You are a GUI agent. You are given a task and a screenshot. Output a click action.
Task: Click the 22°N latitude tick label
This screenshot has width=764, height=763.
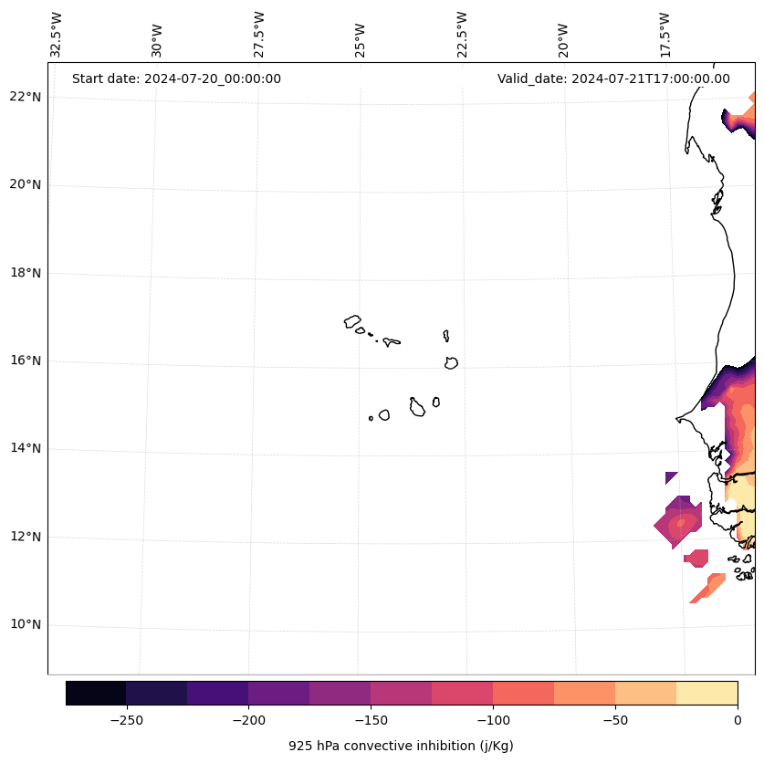26,98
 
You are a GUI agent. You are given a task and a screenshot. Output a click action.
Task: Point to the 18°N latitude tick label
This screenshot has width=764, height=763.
26,273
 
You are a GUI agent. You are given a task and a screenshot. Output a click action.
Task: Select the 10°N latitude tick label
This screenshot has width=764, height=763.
26,625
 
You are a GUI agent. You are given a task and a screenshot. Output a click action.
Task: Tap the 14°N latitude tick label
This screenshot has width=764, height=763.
26,449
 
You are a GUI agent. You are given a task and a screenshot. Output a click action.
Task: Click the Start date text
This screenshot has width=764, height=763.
176,78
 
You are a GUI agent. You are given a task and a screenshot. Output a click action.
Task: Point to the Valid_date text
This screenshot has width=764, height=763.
613,78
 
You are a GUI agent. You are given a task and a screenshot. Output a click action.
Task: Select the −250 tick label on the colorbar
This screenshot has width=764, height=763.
126,720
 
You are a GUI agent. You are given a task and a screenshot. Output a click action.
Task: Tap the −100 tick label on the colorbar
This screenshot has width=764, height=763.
493,720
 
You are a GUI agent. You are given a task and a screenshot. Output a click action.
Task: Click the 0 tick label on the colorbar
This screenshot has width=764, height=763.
738,720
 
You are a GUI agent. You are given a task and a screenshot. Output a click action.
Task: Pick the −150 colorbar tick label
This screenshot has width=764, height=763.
371,720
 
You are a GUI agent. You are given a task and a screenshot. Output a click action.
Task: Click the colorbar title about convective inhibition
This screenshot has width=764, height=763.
401,746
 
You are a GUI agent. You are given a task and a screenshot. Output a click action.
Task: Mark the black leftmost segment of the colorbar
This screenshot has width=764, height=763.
96,693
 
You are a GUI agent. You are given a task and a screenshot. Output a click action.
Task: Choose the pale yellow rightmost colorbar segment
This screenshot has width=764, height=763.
706,693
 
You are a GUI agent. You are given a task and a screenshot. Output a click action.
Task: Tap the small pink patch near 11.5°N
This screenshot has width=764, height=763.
697,558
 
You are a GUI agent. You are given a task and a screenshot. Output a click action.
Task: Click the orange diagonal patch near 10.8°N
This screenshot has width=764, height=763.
707,588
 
